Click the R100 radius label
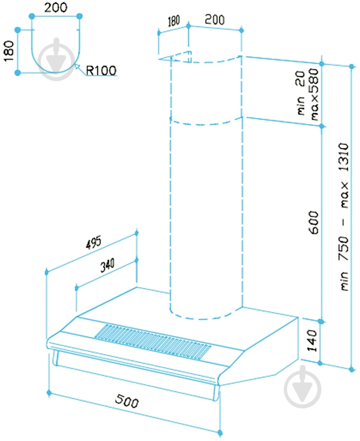pos(100,70)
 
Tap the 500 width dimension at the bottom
pos(127,401)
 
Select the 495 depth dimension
pos(93,242)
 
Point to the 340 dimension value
pos(108,265)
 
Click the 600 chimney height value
pos(314,222)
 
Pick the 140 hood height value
pos(312,341)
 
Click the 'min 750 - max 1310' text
pos(343,217)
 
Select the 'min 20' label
pos(301,93)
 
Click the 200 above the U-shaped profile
pos(56,7)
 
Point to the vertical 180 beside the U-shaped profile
pos(9,51)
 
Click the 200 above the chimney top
pos(215,20)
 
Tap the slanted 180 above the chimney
pos(173,22)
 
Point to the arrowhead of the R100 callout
pos(76,67)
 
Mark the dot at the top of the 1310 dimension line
pos(352,66)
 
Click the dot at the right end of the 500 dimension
pos(220,433)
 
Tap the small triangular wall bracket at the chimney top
pos(181,56)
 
